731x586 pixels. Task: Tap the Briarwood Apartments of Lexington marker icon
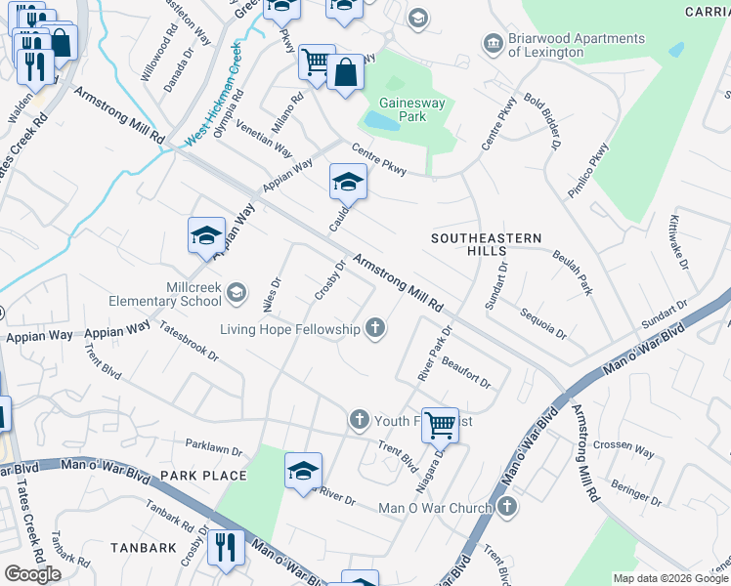coord(492,45)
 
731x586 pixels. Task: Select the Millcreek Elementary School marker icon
coord(236,292)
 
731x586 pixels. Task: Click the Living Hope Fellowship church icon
coord(375,329)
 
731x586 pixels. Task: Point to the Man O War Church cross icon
coord(505,507)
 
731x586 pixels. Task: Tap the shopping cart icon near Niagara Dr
coord(441,423)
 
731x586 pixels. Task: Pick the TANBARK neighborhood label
coord(144,548)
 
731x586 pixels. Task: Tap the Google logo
coord(32,573)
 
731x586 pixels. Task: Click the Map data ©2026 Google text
coord(669,578)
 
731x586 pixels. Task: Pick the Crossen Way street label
coord(623,448)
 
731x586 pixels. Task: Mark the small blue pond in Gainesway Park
coord(380,121)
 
